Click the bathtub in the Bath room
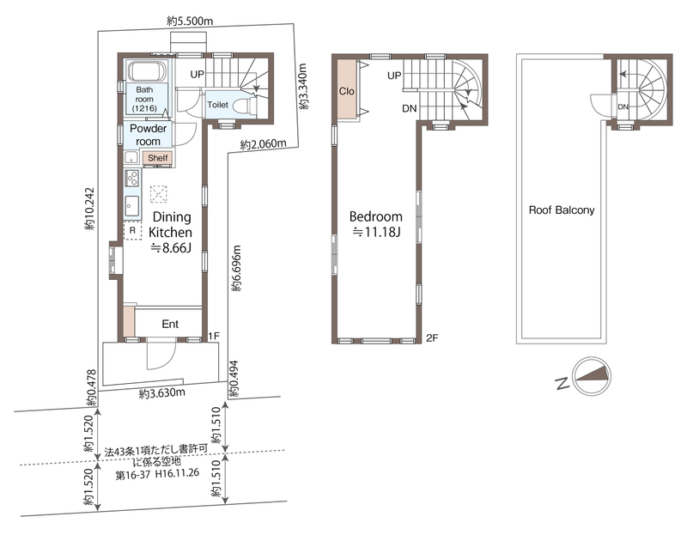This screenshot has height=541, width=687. [x=147, y=70]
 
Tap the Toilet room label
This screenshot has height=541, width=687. [x=218, y=105]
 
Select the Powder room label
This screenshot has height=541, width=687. [x=148, y=135]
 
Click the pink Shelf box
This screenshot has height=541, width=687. [x=157, y=158]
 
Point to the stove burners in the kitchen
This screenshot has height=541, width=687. [x=132, y=178]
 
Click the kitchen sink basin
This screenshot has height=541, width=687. [x=132, y=206]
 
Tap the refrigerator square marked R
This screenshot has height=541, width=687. [x=132, y=231]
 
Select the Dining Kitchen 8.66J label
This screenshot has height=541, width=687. [x=171, y=232]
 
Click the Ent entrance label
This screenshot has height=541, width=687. [x=170, y=324]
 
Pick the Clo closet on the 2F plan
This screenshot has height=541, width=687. [x=347, y=90]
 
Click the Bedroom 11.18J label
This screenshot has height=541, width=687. [x=376, y=224]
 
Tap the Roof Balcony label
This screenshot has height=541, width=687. [x=562, y=210]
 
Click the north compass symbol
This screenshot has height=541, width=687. [x=592, y=377]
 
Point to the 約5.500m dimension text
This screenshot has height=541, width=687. [x=190, y=21]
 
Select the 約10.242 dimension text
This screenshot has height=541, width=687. [x=90, y=210]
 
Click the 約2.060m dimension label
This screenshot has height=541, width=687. [x=263, y=143]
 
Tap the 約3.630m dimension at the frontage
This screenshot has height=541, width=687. [x=161, y=393]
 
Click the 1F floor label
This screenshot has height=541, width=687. [x=214, y=336]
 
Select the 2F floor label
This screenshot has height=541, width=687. [x=432, y=337]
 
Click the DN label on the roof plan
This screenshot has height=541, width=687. [x=623, y=106]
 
